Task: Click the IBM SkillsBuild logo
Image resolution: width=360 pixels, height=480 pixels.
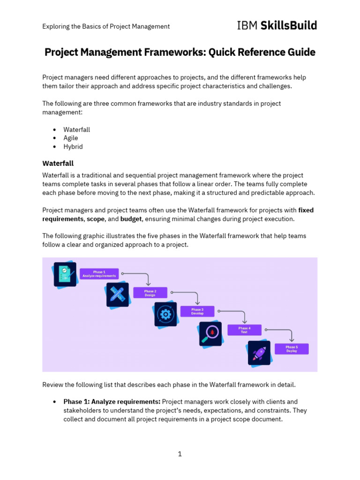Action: coord(277,25)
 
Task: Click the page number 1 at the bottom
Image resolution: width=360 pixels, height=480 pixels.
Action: coord(180,454)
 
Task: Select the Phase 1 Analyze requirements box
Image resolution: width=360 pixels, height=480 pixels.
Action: coord(99,274)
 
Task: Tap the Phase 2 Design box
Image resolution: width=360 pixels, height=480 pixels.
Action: coord(150,293)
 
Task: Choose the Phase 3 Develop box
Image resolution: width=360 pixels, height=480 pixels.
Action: coord(197,312)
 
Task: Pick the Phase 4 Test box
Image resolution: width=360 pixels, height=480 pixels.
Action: coord(244,330)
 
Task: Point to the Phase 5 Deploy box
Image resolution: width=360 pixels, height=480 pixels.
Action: coord(292,349)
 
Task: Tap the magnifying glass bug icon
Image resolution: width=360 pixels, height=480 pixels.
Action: coord(210,334)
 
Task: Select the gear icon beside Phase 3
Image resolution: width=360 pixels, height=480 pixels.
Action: coord(165,314)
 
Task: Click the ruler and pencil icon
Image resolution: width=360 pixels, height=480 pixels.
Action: coord(117,295)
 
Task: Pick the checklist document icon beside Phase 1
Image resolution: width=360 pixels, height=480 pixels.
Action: coord(65,274)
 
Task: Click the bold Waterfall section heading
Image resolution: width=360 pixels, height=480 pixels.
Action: coord(58,163)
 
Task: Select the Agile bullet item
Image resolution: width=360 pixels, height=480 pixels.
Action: coord(71,138)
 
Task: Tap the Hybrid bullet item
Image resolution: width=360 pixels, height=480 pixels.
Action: coord(73,147)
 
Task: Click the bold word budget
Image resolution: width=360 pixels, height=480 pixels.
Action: coord(131,218)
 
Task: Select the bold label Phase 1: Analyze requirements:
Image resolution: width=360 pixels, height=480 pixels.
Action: coord(112,402)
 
